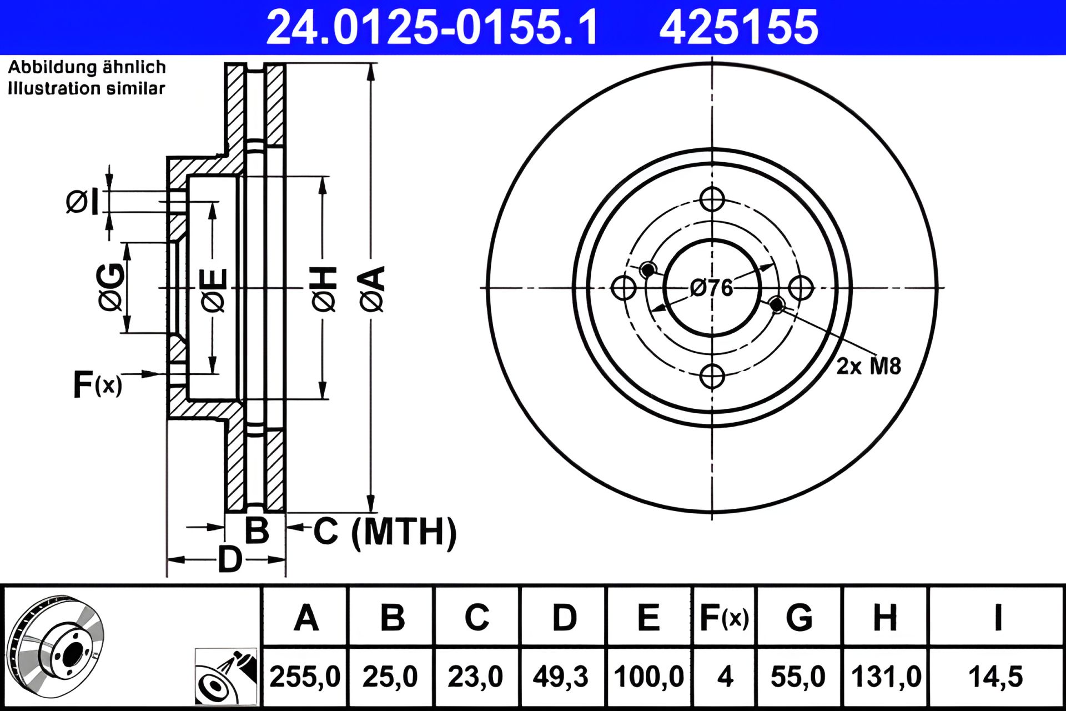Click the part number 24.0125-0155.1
coord(432,27)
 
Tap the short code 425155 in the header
coord(738,27)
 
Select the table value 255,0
coord(305,677)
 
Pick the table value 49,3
coord(560,677)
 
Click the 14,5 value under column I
coord(995,677)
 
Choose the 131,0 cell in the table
coord(886,677)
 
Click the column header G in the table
coord(799,617)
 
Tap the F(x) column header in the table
coord(724,618)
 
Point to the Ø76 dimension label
coord(711,288)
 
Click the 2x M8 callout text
coord(868,366)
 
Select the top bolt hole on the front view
coord(712,199)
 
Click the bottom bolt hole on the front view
coord(712,376)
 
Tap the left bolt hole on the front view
coord(623,288)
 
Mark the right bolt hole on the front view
coord(801,288)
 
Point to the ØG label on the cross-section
coord(110,287)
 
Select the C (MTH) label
coord(385,532)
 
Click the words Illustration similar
coord(87,88)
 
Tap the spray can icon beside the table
coord(227,676)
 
